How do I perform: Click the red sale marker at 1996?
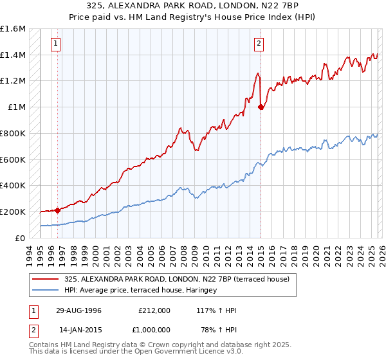pyautogui.click(x=58, y=210)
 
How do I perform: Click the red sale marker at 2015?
pyautogui.click(x=261, y=107)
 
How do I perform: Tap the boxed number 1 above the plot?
pyautogui.click(x=57, y=44)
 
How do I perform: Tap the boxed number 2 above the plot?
pyautogui.click(x=259, y=44)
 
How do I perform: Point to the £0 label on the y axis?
pyautogui.click(x=21, y=238)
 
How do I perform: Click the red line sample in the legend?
pyautogui.click(x=46, y=279)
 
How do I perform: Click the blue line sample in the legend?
pyautogui.click(x=46, y=290)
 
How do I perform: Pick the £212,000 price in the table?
pyautogui.click(x=154, y=310)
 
